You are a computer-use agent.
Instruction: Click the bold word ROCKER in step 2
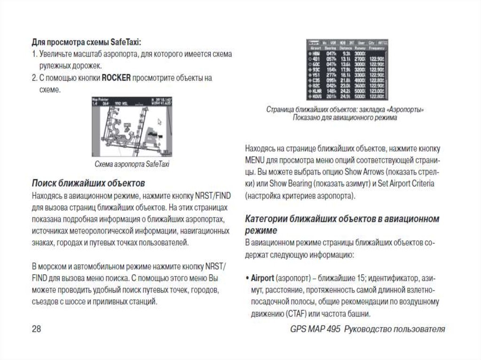point(116,78)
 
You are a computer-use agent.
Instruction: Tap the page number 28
point(37,329)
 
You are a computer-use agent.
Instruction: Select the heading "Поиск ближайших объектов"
point(88,182)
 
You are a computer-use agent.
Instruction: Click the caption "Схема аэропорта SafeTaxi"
point(132,164)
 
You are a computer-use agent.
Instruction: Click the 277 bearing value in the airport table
point(332,75)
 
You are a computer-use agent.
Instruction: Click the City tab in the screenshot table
point(371,42)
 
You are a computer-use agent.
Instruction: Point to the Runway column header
point(360,48)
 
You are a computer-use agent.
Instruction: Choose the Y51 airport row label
point(315,75)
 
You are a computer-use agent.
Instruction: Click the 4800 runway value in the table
point(360,80)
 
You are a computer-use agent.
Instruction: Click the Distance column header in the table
point(346,48)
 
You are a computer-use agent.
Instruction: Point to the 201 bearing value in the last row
point(332,97)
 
